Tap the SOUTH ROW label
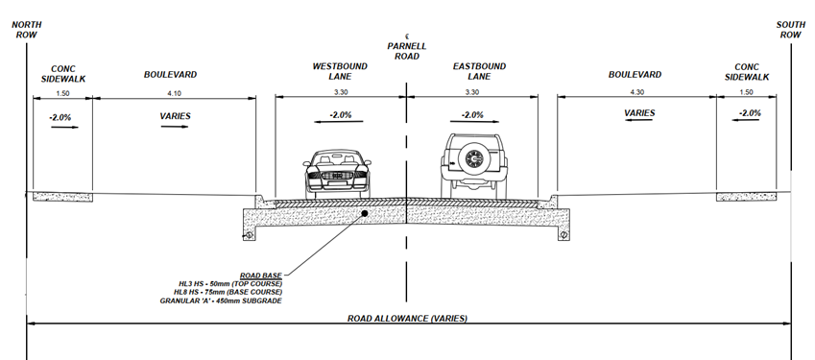(x=789, y=29)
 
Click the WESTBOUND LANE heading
(x=340, y=71)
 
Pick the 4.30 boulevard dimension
(x=635, y=92)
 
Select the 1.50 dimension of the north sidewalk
(x=60, y=92)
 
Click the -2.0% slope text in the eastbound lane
(x=471, y=115)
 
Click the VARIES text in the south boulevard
(x=638, y=113)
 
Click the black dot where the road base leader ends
(x=365, y=215)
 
